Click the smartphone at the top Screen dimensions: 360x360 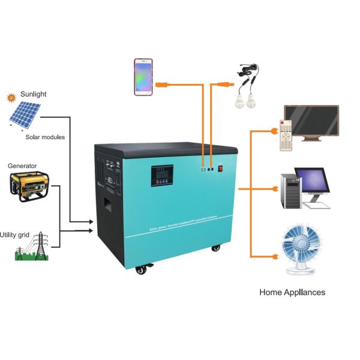[143, 77]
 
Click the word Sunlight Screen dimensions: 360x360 [33, 94]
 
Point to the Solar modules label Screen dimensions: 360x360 [45, 137]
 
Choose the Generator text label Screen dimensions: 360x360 [22, 166]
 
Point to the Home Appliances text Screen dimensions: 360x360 [292, 292]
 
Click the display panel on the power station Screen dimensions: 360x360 [163, 175]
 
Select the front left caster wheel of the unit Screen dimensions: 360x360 [141, 269]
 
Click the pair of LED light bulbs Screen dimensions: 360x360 [246, 100]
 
